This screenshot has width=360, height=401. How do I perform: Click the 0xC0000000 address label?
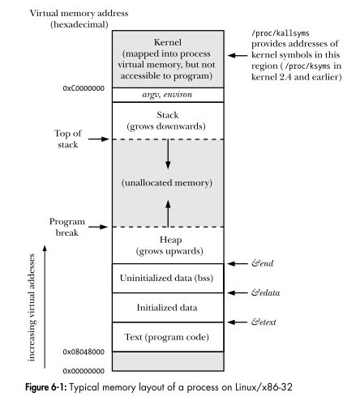(x=84, y=87)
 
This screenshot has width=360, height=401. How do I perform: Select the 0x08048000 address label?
(x=84, y=352)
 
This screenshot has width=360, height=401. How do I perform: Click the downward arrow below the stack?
(x=166, y=154)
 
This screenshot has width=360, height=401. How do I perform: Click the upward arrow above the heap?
(x=166, y=213)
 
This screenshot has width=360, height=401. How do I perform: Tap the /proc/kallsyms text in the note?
(x=282, y=32)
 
